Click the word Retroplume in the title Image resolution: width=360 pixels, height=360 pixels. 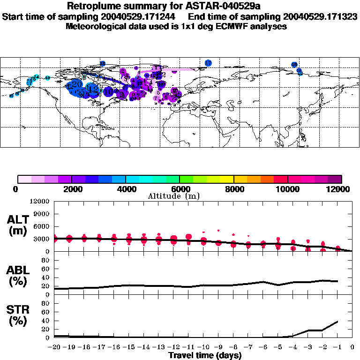(x=92, y=6)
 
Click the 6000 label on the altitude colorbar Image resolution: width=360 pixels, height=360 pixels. (x=180, y=189)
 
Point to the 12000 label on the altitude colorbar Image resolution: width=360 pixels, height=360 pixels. (x=339, y=189)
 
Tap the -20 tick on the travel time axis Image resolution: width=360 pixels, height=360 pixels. (x=54, y=347)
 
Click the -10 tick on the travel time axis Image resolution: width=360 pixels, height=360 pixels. (x=203, y=347)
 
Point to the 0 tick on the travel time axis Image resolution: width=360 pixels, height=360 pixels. (x=352, y=347)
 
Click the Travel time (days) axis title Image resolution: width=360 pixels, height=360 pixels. (x=205, y=356)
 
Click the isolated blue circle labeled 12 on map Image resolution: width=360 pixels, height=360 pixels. (x=208, y=63)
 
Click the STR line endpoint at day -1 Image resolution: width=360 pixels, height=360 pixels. (x=337, y=322)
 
